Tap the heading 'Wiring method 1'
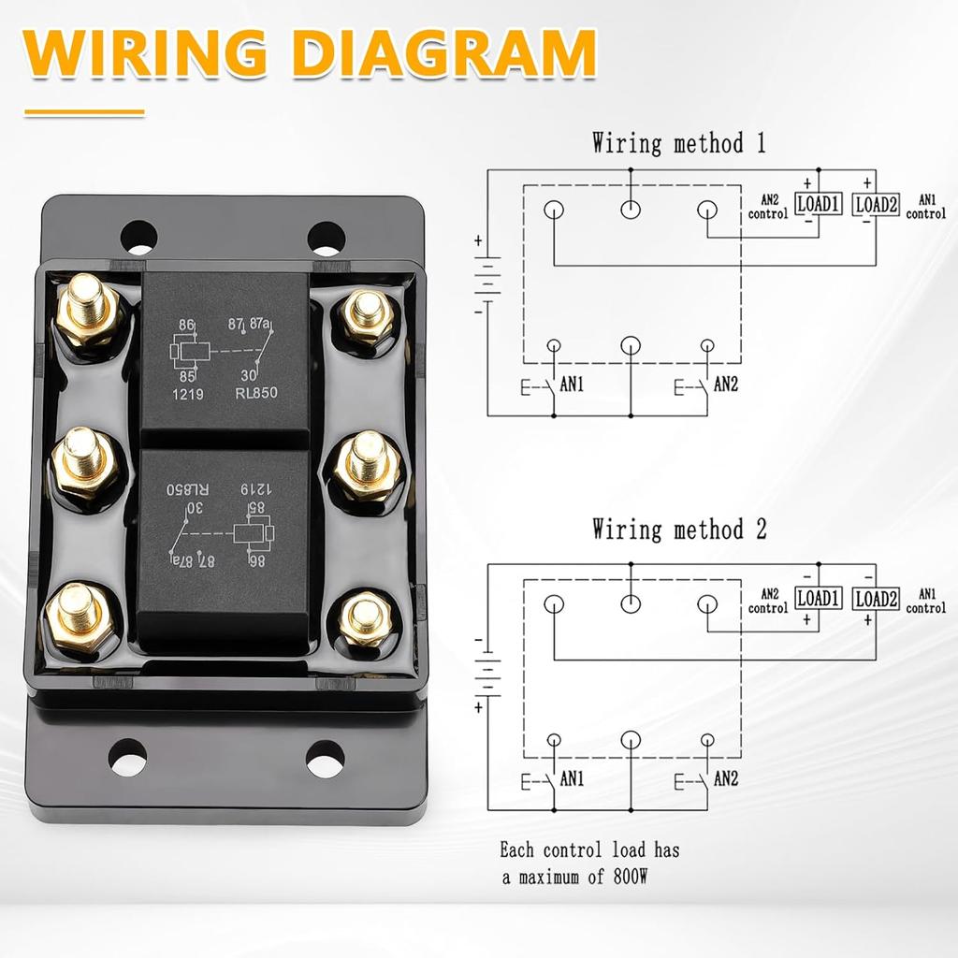pos(678,143)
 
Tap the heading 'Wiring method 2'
pos(678,530)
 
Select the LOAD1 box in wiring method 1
pos(819,203)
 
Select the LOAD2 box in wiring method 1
pos(878,203)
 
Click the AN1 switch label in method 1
pos(571,385)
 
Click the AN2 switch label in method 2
pos(726,778)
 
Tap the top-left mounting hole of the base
pos(138,237)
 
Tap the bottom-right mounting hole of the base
pos(325,756)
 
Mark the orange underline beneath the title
pos(84,112)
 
